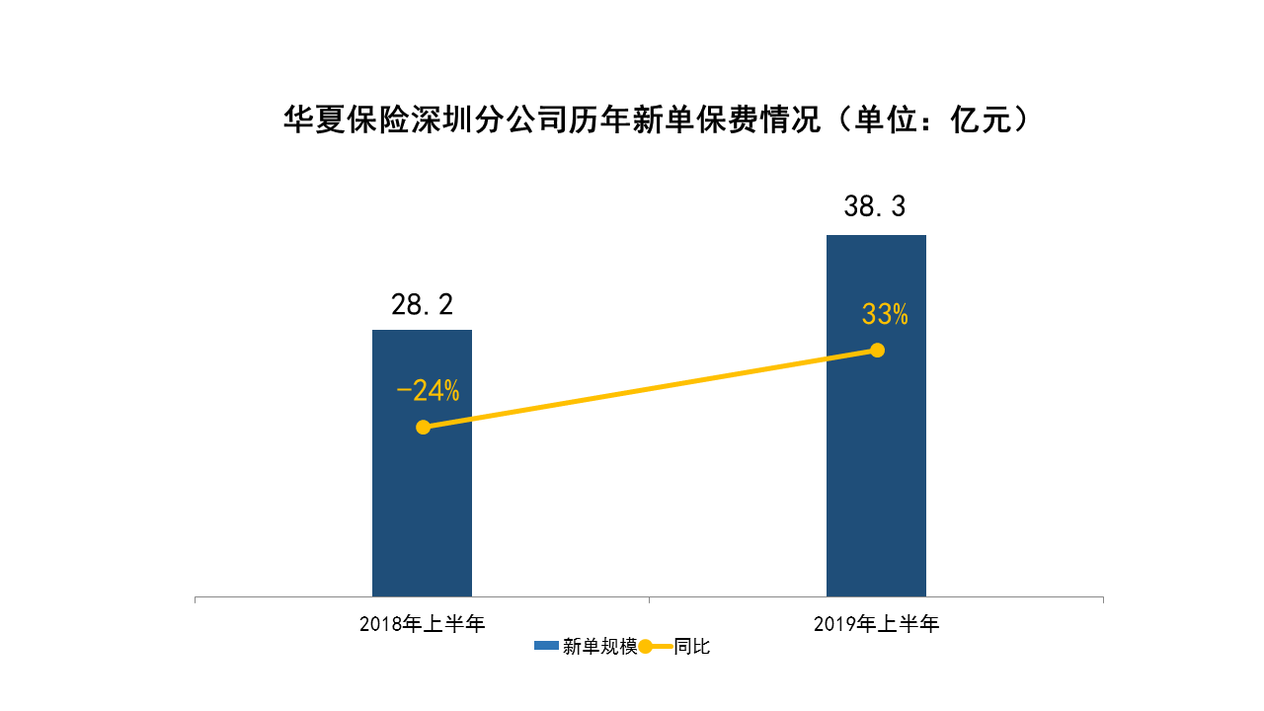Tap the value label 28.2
pyautogui.click(x=422, y=305)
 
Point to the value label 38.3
pyautogui.click(x=875, y=207)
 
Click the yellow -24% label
pyautogui.click(x=428, y=391)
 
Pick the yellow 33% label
pyautogui.click(x=885, y=315)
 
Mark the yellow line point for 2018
pyautogui.click(x=423, y=427)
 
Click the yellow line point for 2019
pyautogui.click(x=877, y=350)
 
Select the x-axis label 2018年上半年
pyautogui.click(x=422, y=624)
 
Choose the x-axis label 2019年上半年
pyautogui.click(x=876, y=624)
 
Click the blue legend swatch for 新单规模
pyautogui.click(x=546, y=647)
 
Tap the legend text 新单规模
pyautogui.click(x=599, y=647)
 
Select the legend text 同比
pyautogui.click(x=692, y=647)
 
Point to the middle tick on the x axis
pyautogui.click(x=649, y=599)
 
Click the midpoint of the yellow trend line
pyautogui.click(x=650, y=388)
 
